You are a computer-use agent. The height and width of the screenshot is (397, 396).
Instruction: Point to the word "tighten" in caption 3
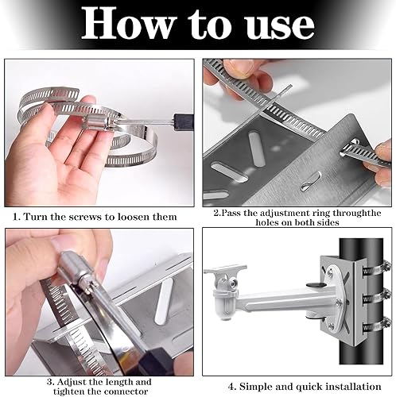click(69, 391)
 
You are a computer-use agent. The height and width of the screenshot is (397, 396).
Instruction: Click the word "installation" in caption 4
click(353, 387)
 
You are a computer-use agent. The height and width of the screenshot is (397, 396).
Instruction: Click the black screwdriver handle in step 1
click(184, 122)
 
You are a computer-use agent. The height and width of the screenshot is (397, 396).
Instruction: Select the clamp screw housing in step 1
click(96, 123)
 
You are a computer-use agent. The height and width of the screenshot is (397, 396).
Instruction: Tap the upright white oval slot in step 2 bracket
click(257, 148)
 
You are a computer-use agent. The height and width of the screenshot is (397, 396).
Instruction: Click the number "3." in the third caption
click(51, 382)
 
